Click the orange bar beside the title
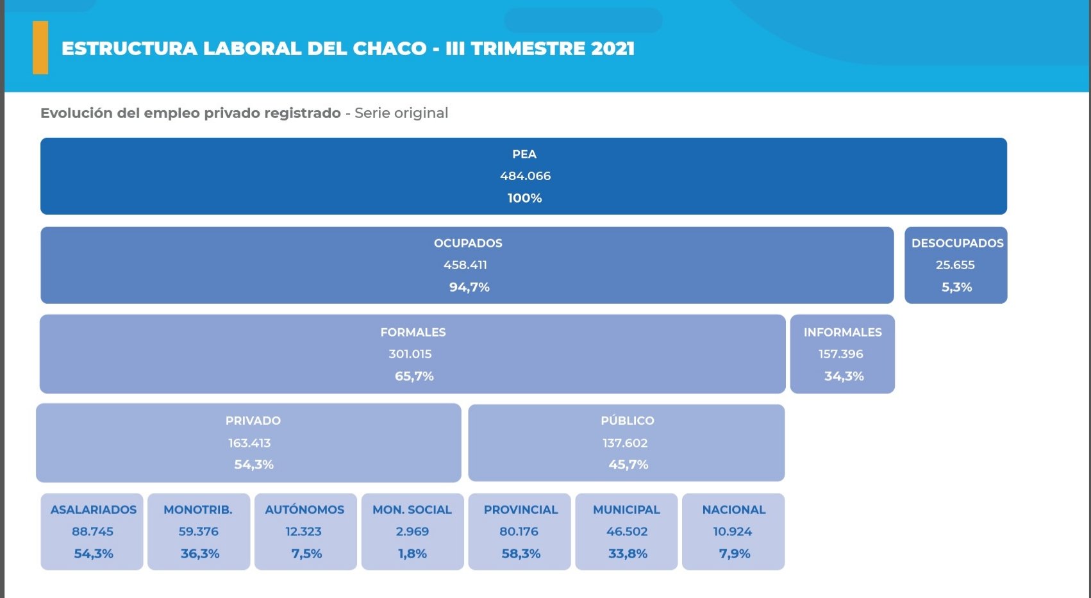[x=40, y=48]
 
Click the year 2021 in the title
[x=613, y=49]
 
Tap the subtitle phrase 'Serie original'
[x=401, y=113]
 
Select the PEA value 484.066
[x=525, y=176]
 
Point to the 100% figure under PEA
[x=524, y=198]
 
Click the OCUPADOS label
[x=468, y=244]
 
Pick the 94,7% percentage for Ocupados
[x=469, y=287]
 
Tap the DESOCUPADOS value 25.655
[x=955, y=265]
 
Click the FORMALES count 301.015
[x=410, y=354]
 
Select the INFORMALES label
[x=842, y=333]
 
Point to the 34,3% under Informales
[x=844, y=376]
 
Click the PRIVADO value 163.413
[x=249, y=443]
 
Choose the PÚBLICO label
[x=627, y=421]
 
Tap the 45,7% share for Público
[x=628, y=465]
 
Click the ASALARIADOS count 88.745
[x=92, y=532]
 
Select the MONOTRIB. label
[x=198, y=510]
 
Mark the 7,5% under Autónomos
[x=306, y=554]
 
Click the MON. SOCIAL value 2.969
[x=412, y=532]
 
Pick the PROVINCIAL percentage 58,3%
[x=521, y=554]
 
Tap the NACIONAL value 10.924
[x=733, y=532]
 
